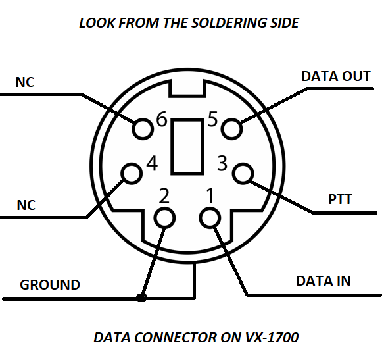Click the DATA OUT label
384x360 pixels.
(336, 76)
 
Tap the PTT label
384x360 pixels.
(340, 199)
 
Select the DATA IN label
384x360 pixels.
(324, 281)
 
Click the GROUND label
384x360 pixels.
(50, 285)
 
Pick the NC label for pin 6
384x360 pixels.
(25, 82)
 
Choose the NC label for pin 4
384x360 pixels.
(26, 205)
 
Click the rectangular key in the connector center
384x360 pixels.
(187, 147)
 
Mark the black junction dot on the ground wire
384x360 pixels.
(141, 297)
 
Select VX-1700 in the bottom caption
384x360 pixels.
(272, 337)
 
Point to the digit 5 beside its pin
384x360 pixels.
(212, 119)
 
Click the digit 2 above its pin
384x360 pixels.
(164, 196)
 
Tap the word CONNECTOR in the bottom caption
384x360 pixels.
(176, 337)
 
